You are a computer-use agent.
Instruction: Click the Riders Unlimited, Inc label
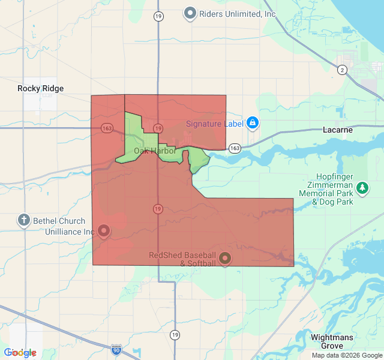click(238, 13)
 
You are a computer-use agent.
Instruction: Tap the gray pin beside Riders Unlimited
click(190, 13)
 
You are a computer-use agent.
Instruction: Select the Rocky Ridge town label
click(40, 88)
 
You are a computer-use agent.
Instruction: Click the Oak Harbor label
click(155, 151)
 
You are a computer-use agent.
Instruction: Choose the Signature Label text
click(214, 124)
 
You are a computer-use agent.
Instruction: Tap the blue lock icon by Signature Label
click(253, 124)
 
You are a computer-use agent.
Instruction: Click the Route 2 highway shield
click(342, 70)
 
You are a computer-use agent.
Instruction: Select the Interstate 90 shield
click(116, 349)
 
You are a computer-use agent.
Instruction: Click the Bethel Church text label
click(59, 221)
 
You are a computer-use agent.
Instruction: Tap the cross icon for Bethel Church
click(24, 220)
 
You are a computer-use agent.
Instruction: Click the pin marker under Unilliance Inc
click(104, 230)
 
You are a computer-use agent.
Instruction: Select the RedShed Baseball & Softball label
click(182, 259)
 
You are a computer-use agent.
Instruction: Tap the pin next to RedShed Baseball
click(225, 258)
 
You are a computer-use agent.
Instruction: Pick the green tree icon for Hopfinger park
click(362, 188)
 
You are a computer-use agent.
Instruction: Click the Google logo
click(20, 353)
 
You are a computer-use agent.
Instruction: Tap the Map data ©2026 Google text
click(346, 355)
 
